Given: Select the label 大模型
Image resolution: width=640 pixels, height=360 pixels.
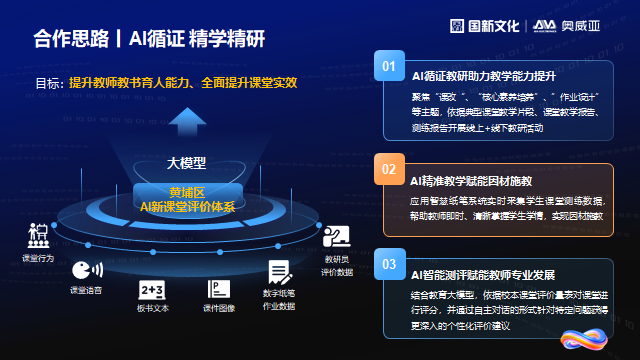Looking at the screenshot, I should point(185,163).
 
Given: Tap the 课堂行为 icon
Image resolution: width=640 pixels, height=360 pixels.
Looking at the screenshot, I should point(38,237).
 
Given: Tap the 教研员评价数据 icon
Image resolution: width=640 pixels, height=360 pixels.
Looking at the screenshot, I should point(335,237).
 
